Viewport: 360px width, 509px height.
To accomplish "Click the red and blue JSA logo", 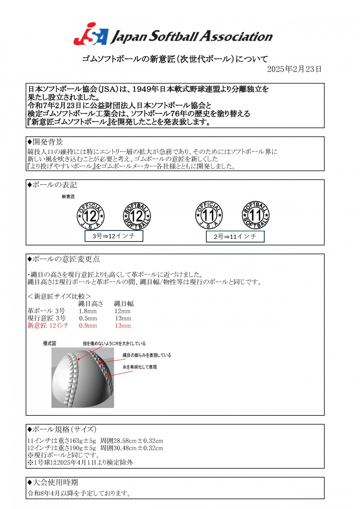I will click(x=90, y=34).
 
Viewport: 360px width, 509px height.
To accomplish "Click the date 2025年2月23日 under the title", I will click(x=294, y=69).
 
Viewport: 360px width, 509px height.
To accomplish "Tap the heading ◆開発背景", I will click(x=45, y=142).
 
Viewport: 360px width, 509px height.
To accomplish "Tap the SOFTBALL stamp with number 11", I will click(x=256, y=215).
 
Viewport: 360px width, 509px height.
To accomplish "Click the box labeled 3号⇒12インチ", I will click(x=114, y=236).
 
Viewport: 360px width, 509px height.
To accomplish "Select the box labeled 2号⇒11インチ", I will click(x=235, y=237).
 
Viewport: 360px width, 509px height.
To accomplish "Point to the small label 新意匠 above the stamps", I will click(x=68, y=197).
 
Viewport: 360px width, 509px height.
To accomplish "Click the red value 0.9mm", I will click(x=88, y=326).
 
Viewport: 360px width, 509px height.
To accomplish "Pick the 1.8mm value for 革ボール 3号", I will click(x=88, y=311).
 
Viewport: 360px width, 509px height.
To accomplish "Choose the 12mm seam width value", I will click(x=122, y=311).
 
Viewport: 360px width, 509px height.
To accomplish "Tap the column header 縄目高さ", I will click(x=91, y=304).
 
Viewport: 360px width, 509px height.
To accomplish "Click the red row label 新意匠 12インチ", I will click(x=48, y=326).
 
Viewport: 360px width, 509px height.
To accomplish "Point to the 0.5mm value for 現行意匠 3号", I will click(x=88, y=319).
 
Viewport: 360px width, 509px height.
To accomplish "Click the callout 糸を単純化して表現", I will click(x=139, y=367).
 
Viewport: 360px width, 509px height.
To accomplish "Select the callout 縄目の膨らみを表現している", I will click(x=147, y=355).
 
